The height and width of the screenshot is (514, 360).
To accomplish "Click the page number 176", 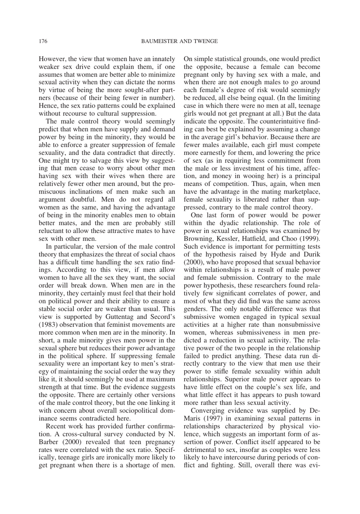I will click(x=43, y=41).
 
